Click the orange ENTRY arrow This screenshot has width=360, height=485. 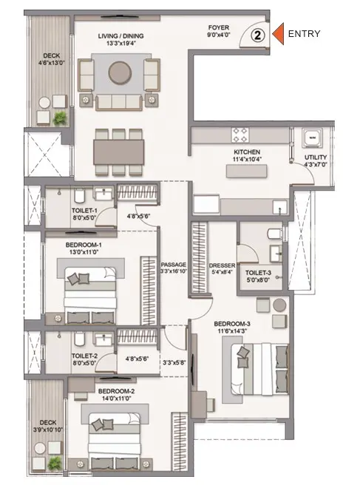[x=279, y=34]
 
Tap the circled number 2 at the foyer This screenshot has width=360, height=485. [x=258, y=35]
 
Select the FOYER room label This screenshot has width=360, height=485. [x=219, y=28]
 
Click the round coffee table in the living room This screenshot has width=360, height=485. [x=120, y=72]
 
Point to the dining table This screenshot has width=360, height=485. [x=119, y=152]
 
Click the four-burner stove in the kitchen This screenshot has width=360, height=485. [x=240, y=135]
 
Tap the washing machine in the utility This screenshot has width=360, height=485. [x=312, y=137]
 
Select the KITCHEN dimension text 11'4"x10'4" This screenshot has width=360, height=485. [x=247, y=159]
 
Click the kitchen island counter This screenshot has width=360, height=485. [x=246, y=171]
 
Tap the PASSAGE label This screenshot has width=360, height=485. [x=174, y=265]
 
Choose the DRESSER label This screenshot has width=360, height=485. [x=222, y=265]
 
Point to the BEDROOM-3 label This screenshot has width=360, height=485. [x=232, y=324]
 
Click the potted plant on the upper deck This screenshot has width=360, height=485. [x=60, y=118]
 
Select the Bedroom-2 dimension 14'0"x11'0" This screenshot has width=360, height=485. [x=116, y=398]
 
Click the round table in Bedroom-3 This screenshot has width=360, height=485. [x=279, y=305]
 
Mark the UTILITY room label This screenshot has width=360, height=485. [x=316, y=157]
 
